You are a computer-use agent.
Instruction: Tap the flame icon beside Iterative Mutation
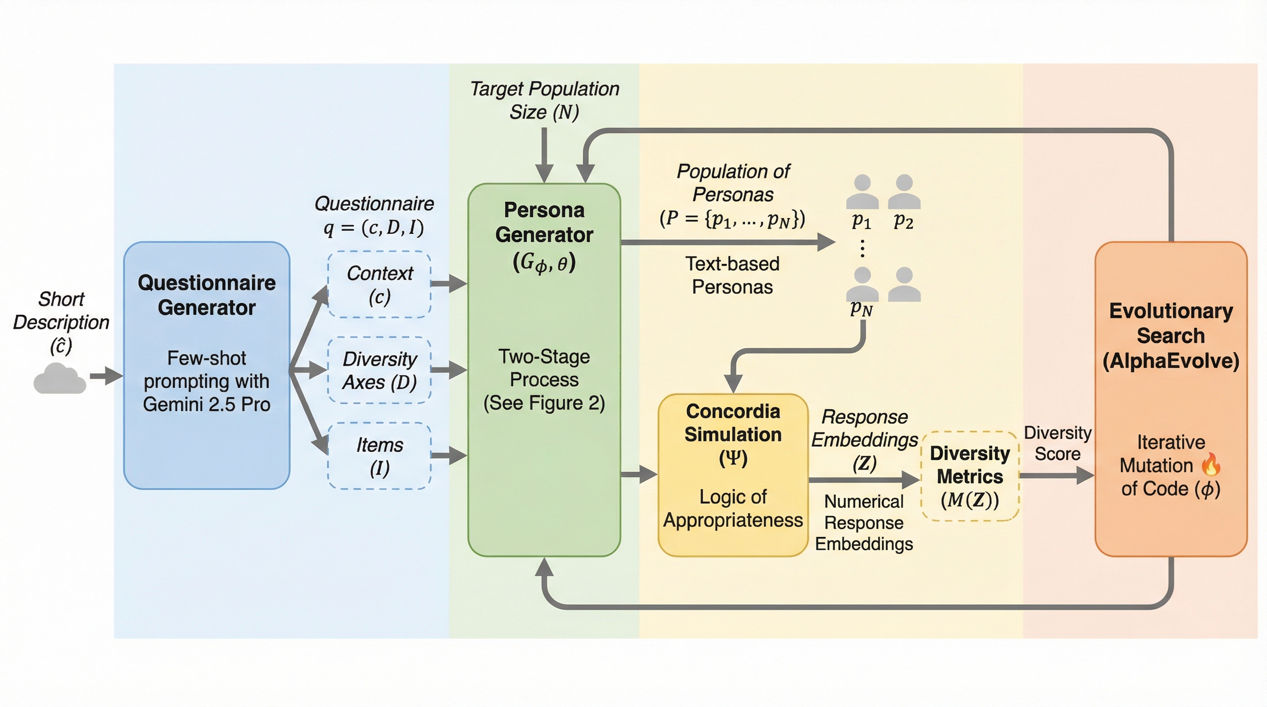tap(1211, 464)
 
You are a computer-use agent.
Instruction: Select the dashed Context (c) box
tap(379, 284)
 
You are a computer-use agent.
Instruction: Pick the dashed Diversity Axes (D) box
tap(379, 370)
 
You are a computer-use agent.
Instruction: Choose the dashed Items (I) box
tap(379, 456)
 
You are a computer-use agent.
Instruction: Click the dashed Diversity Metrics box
tap(970, 476)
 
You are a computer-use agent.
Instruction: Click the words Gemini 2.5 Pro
tap(207, 404)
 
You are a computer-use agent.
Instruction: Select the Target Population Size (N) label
tap(545, 100)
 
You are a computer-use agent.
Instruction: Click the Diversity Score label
tap(1058, 443)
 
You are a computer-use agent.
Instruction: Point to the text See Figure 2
tap(544, 403)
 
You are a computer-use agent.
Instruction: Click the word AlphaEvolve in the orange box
tap(1171, 361)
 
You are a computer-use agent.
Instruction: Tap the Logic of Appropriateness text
tap(733, 508)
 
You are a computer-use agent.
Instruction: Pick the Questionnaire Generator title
tap(207, 295)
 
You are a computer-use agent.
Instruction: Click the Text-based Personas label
tap(732, 275)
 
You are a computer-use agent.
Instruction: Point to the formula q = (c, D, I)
tap(374, 228)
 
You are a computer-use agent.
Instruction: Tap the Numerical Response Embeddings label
tap(864, 522)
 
